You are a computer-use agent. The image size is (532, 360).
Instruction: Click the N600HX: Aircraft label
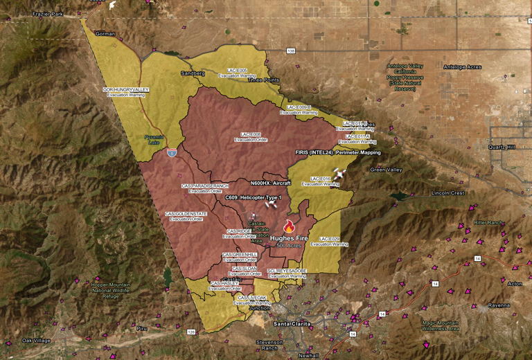pyautogui.click(x=270, y=183)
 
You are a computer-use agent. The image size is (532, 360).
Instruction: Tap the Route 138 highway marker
pyautogui.click(x=291, y=51)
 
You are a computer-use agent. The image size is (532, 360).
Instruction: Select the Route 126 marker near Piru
pyautogui.click(x=190, y=332)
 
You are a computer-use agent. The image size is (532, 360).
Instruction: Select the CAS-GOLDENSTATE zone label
pyautogui.click(x=186, y=216)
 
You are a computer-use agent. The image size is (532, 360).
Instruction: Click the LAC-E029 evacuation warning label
pyautogui.click(x=329, y=241)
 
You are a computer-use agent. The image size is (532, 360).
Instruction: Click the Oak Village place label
pyautogui.click(x=36, y=341)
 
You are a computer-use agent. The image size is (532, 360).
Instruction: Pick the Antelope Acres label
pyautogui.click(x=463, y=67)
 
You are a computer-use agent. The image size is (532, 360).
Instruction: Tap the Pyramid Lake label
pyautogui.click(x=153, y=140)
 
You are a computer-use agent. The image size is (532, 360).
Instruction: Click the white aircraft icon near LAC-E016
pyautogui.click(x=339, y=173)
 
